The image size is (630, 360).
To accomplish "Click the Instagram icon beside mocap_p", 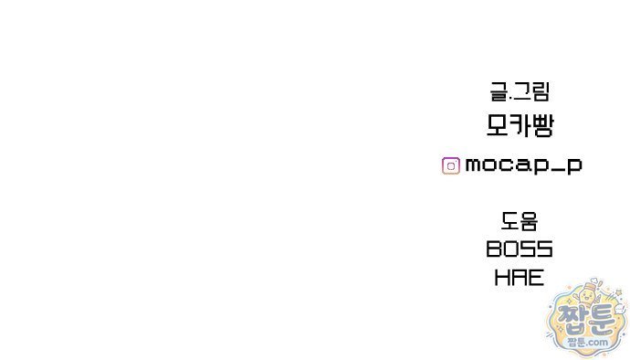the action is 451,165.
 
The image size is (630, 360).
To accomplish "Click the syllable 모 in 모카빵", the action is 498,125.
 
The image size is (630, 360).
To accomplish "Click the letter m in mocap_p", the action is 475,164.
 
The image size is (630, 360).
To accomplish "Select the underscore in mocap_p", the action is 556,172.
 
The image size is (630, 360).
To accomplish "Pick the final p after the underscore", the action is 573,166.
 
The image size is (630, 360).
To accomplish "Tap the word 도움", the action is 520,221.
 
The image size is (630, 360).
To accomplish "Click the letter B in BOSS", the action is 494,249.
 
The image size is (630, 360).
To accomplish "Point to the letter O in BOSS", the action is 511,249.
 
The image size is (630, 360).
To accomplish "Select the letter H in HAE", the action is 501,278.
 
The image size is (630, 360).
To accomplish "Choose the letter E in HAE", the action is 537,278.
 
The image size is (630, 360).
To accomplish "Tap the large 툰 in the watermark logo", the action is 601,318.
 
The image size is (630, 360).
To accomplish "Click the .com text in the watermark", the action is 600,343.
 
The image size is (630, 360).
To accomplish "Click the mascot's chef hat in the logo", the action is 588,286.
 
